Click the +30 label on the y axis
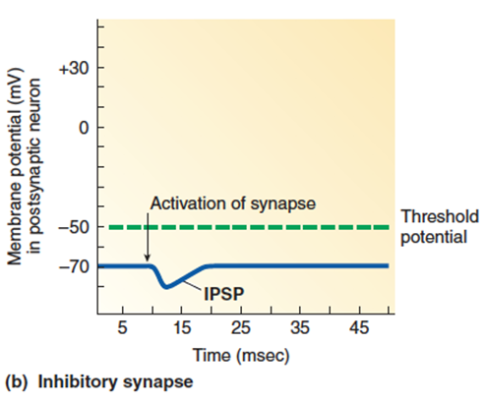[x=74, y=69]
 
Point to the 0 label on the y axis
[x=84, y=128]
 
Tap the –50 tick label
[x=74, y=227]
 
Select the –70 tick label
[x=74, y=266]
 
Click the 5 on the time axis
[x=122, y=327]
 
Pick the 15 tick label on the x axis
[x=181, y=327]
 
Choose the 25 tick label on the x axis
[x=241, y=327]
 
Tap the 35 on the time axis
[x=300, y=327]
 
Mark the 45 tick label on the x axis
[x=359, y=327]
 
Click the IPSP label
[x=224, y=294]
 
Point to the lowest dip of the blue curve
[x=166, y=287]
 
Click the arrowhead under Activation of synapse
[x=148, y=258]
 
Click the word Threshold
[x=440, y=216]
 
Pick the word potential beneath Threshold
[x=434, y=237]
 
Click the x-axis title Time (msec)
[x=241, y=356]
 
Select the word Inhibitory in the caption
[x=79, y=381]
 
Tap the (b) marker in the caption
[x=16, y=382]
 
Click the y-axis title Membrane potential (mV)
[x=15, y=166]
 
